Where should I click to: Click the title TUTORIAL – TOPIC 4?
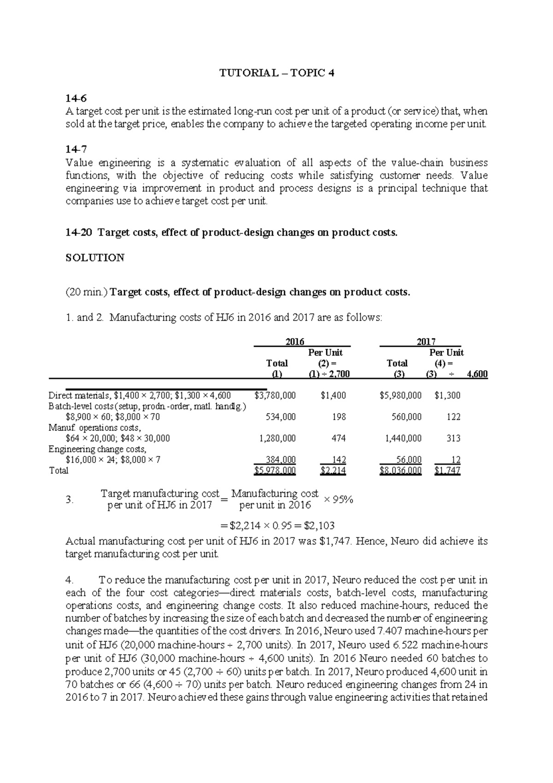[x=276, y=73]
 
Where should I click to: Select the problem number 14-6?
[x=76, y=98]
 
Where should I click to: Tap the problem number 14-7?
[x=76, y=149]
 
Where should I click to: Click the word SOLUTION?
[x=95, y=258]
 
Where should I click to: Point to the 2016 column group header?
[x=295, y=342]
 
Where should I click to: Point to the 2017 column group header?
[x=426, y=342]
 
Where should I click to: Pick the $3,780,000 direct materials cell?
[x=275, y=395]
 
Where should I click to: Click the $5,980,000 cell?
[x=400, y=395]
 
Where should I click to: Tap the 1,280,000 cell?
[x=277, y=438]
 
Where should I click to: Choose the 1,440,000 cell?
[x=403, y=438]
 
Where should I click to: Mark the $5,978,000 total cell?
[x=275, y=470]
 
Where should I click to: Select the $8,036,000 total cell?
[x=400, y=470]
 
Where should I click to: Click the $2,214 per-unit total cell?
[x=333, y=470]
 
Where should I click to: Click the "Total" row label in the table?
[x=59, y=470]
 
